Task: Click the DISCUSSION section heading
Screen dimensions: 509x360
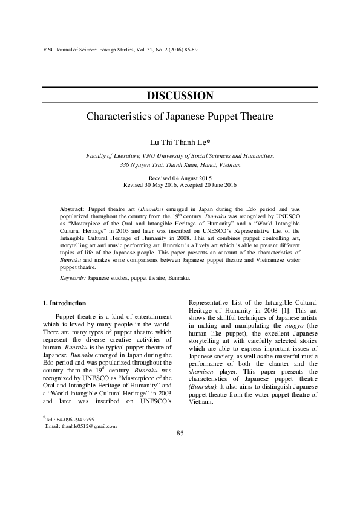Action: click(x=180, y=96)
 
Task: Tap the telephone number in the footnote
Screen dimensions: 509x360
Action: click(x=77, y=420)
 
